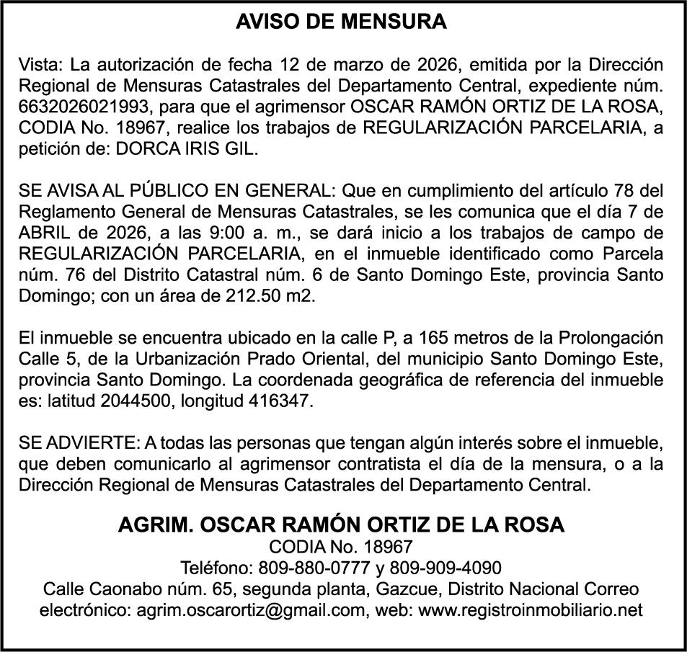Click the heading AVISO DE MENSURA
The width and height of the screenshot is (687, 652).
[342, 22]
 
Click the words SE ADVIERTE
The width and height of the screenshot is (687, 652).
[78, 442]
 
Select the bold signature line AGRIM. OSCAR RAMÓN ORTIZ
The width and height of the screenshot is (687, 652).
[342, 524]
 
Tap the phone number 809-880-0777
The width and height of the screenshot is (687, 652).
[313, 568]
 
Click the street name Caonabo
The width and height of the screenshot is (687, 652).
[119, 589]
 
